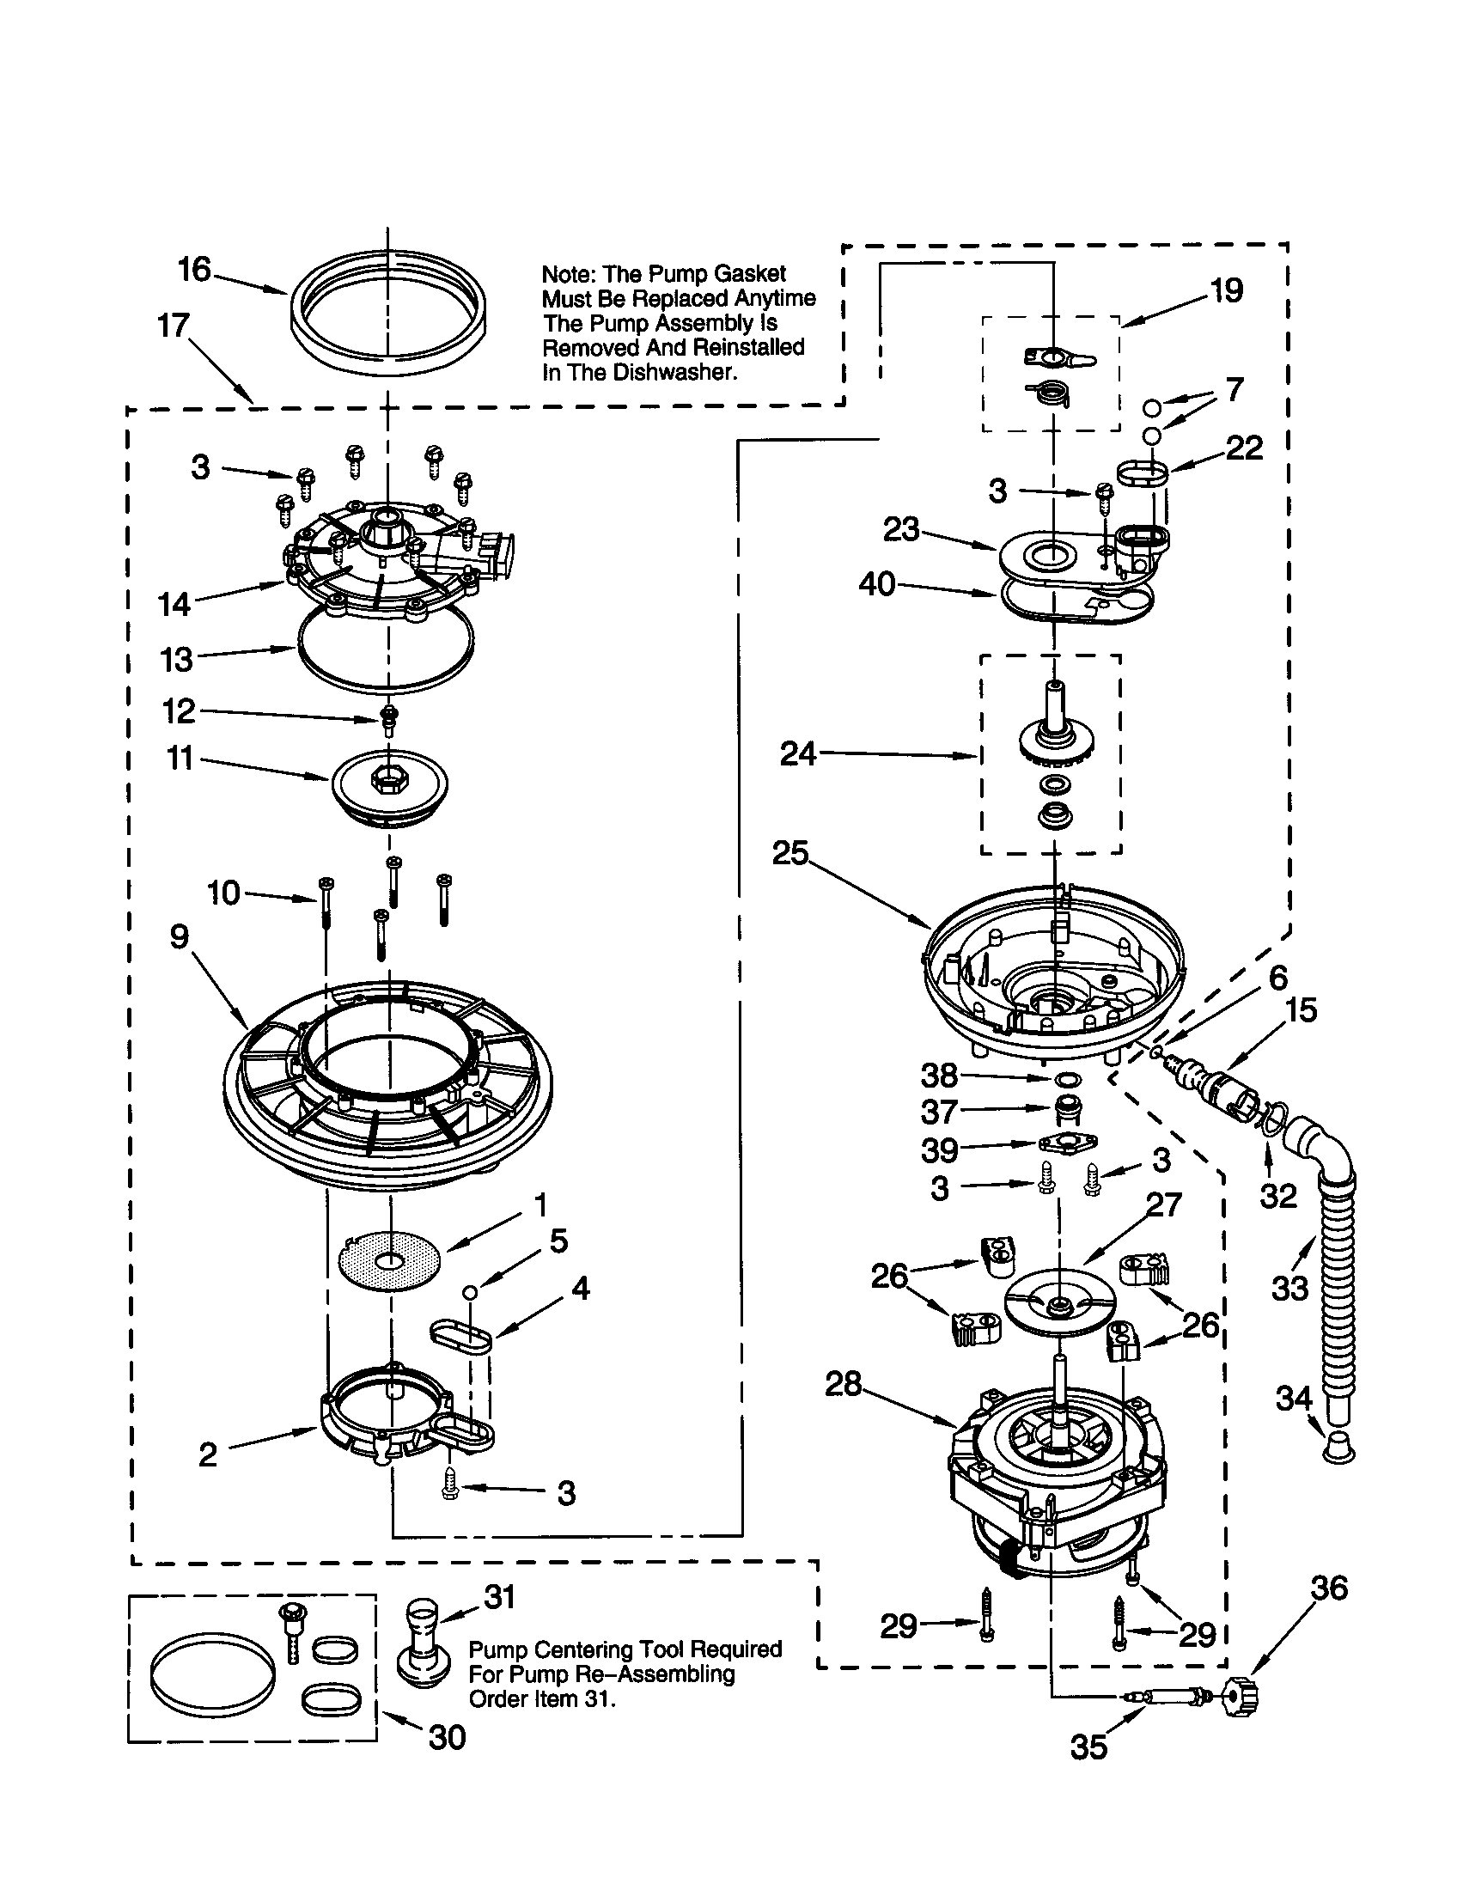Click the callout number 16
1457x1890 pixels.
194,270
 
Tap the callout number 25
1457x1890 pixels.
790,854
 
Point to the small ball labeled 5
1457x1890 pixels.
470,1291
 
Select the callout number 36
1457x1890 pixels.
1329,1588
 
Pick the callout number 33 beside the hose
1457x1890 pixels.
1290,1289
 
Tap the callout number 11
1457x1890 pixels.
179,759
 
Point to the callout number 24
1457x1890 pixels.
797,753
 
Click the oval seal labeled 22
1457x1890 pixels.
1142,473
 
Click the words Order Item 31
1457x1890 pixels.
541,1698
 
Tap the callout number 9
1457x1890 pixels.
179,936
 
